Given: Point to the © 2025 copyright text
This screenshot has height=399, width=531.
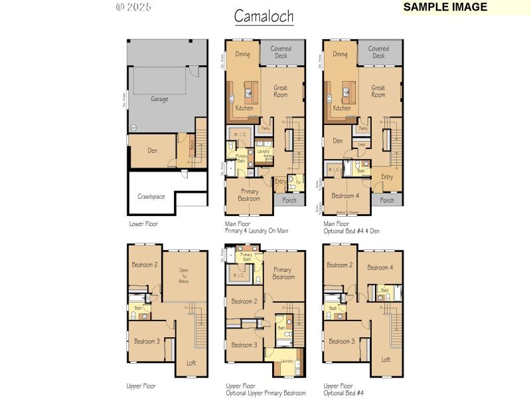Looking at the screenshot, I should (x=133, y=7).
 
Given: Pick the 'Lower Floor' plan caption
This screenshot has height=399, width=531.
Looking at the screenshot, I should (x=143, y=224).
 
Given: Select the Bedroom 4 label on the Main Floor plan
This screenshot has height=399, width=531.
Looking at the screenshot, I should (x=345, y=196).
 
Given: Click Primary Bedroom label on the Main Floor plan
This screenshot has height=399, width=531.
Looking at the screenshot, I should (x=250, y=194).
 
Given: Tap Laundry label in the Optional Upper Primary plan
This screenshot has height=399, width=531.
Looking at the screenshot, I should (x=287, y=361).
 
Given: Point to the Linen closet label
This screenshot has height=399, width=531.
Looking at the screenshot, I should (x=362, y=144).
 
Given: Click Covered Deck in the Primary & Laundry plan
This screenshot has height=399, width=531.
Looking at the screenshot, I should (x=281, y=52).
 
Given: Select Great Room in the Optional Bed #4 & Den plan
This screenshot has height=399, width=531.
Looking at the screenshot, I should (x=378, y=91).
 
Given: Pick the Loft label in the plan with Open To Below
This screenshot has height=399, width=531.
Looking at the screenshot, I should (x=191, y=362).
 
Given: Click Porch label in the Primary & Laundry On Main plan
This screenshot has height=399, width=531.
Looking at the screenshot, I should (x=289, y=199).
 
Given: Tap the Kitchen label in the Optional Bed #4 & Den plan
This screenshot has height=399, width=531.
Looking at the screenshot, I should (x=342, y=108).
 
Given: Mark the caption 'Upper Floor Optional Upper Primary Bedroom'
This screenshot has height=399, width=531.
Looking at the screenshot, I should (x=265, y=389).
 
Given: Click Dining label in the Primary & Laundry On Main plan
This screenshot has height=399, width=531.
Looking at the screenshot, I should (x=242, y=55).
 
